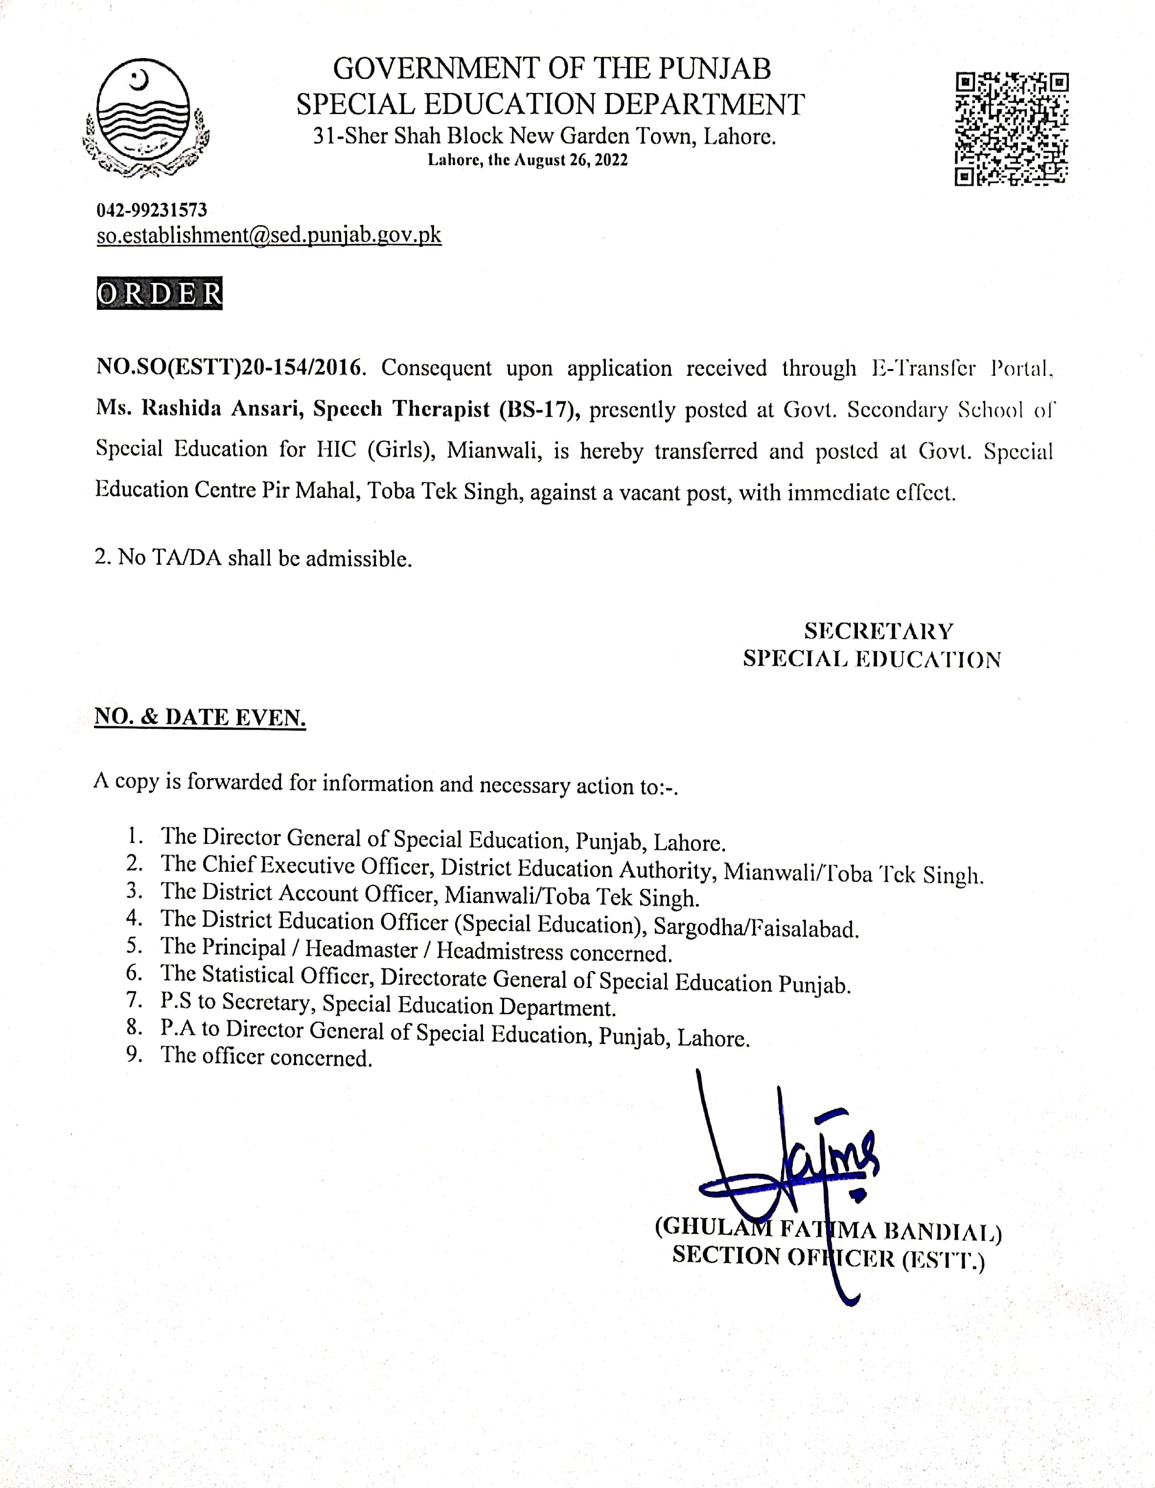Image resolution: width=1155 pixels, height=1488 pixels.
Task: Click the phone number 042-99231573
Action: (x=151, y=210)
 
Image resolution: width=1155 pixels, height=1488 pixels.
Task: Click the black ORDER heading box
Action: (x=160, y=293)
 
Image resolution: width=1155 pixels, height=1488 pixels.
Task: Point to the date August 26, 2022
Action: (x=570, y=160)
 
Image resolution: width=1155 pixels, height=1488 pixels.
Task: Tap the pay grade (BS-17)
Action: (x=539, y=410)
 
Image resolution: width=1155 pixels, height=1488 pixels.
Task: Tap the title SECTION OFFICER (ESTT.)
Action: (x=828, y=1258)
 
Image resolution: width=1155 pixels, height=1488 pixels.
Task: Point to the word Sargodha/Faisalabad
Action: (x=756, y=928)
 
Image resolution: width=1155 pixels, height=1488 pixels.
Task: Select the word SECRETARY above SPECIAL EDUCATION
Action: (x=878, y=631)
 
